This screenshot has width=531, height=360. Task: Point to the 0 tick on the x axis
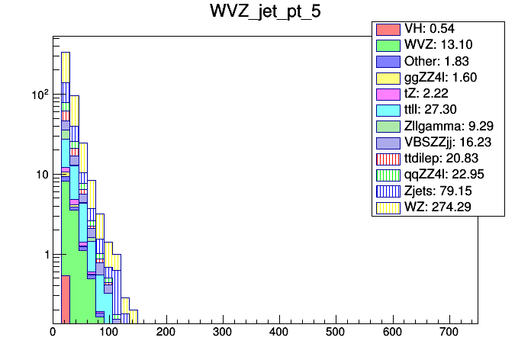coord(53,333)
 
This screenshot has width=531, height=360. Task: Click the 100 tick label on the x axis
coord(109,333)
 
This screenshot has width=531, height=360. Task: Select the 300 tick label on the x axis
coord(222,333)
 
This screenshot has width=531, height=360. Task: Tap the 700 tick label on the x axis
coord(449,333)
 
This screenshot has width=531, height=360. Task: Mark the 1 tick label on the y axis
coord(44,254)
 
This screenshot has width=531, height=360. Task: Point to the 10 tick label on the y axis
coord(41,175)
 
